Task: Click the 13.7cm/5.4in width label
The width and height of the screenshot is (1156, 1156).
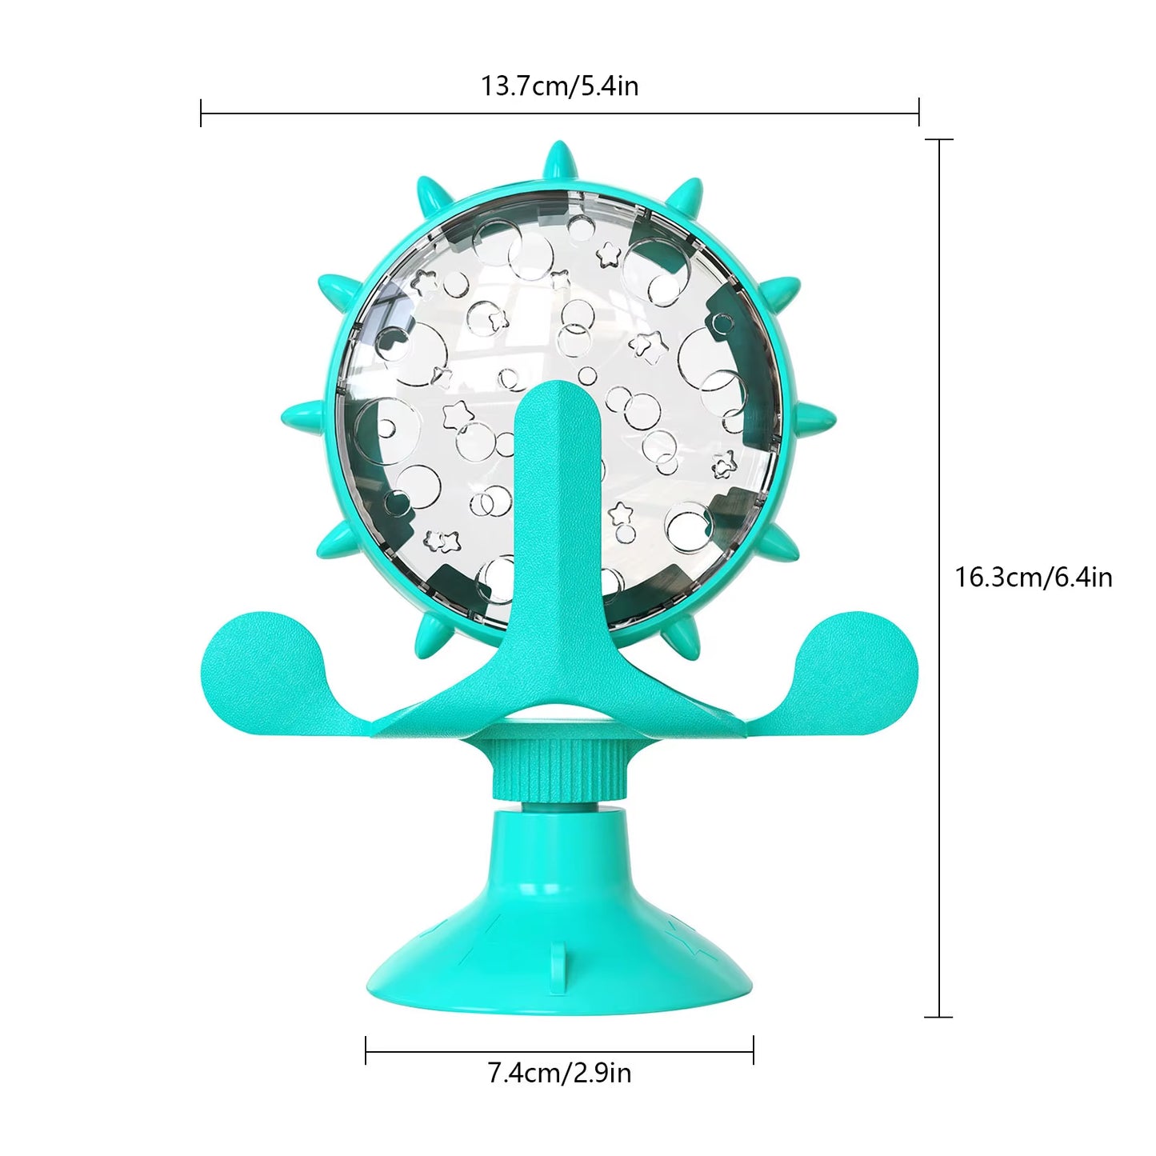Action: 559,86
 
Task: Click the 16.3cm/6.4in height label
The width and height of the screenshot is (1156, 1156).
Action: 1034,577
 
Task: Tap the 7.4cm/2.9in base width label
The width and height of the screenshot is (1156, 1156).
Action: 559,1072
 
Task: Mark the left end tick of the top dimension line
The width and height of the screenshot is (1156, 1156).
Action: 201,113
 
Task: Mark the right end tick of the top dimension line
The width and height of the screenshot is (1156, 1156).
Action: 918,113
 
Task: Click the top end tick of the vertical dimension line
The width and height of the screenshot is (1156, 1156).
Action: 938,140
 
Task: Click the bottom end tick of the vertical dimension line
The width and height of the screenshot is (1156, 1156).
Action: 938,1017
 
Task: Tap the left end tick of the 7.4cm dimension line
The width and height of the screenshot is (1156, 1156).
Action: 366,1050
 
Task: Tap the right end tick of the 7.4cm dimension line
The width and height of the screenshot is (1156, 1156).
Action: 753,1050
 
